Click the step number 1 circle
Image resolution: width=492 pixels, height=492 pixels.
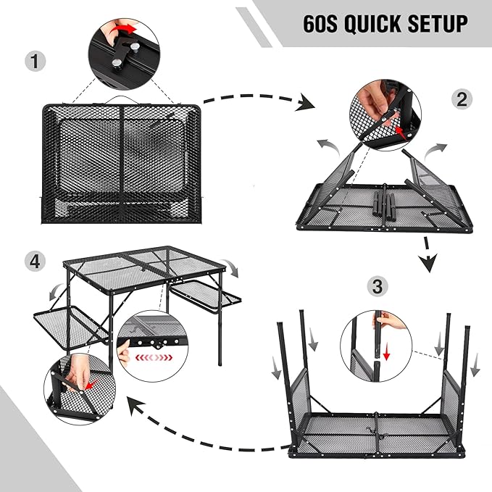click(32, 62)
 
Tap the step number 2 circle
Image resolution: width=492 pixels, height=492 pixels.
click(462, 101)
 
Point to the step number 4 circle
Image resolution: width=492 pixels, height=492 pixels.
click(32, 262)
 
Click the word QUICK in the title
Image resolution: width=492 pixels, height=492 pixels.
click(370, 24)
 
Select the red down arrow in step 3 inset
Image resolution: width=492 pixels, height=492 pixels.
click(387, 353)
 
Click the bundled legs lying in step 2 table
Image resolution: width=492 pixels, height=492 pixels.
click(384, 201)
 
